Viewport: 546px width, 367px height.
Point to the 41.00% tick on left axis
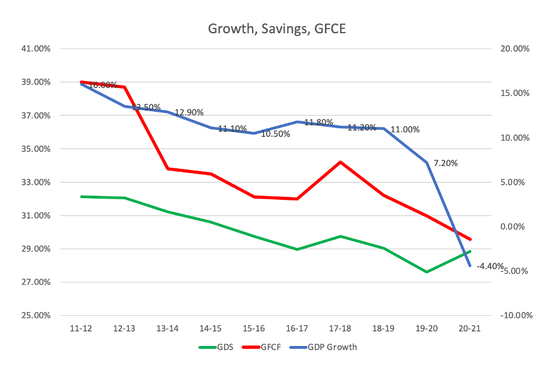pos(35,49)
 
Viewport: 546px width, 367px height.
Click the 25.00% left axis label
pos(35,316)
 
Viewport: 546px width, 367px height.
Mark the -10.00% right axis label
pos(513,316)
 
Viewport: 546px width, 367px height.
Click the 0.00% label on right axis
pos(516,227)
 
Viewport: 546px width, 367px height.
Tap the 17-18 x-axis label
pos(340,329)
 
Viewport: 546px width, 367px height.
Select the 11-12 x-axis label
pos(82,329)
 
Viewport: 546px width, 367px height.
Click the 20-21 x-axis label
pos(470,329)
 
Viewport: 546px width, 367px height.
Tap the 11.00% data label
pos(405,129)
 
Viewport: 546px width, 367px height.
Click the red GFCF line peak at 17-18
pos(340,162)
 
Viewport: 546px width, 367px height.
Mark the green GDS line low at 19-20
pos(427,272)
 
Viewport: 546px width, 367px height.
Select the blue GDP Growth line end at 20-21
pos(470,266)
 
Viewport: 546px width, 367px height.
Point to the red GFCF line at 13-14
pos(168,169)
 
